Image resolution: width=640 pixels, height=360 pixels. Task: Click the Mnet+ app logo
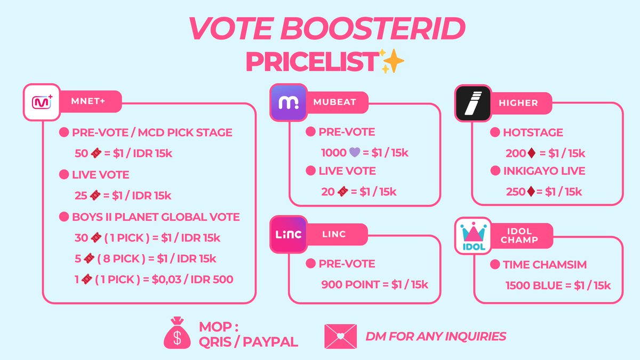pos(41,101)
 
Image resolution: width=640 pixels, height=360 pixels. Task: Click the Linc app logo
pos(288,234)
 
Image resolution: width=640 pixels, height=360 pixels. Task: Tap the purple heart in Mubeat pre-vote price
pos(355,152)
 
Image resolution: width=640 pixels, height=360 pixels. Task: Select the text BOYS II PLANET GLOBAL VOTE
pos(156,217)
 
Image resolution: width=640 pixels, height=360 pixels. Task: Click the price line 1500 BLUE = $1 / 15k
pos(558,285)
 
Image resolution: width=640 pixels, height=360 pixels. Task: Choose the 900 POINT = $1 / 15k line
pos(374,284)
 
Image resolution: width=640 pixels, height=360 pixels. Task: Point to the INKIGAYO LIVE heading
pos(544,171)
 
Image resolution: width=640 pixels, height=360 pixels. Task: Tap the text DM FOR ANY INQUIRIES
pos(436,336)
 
